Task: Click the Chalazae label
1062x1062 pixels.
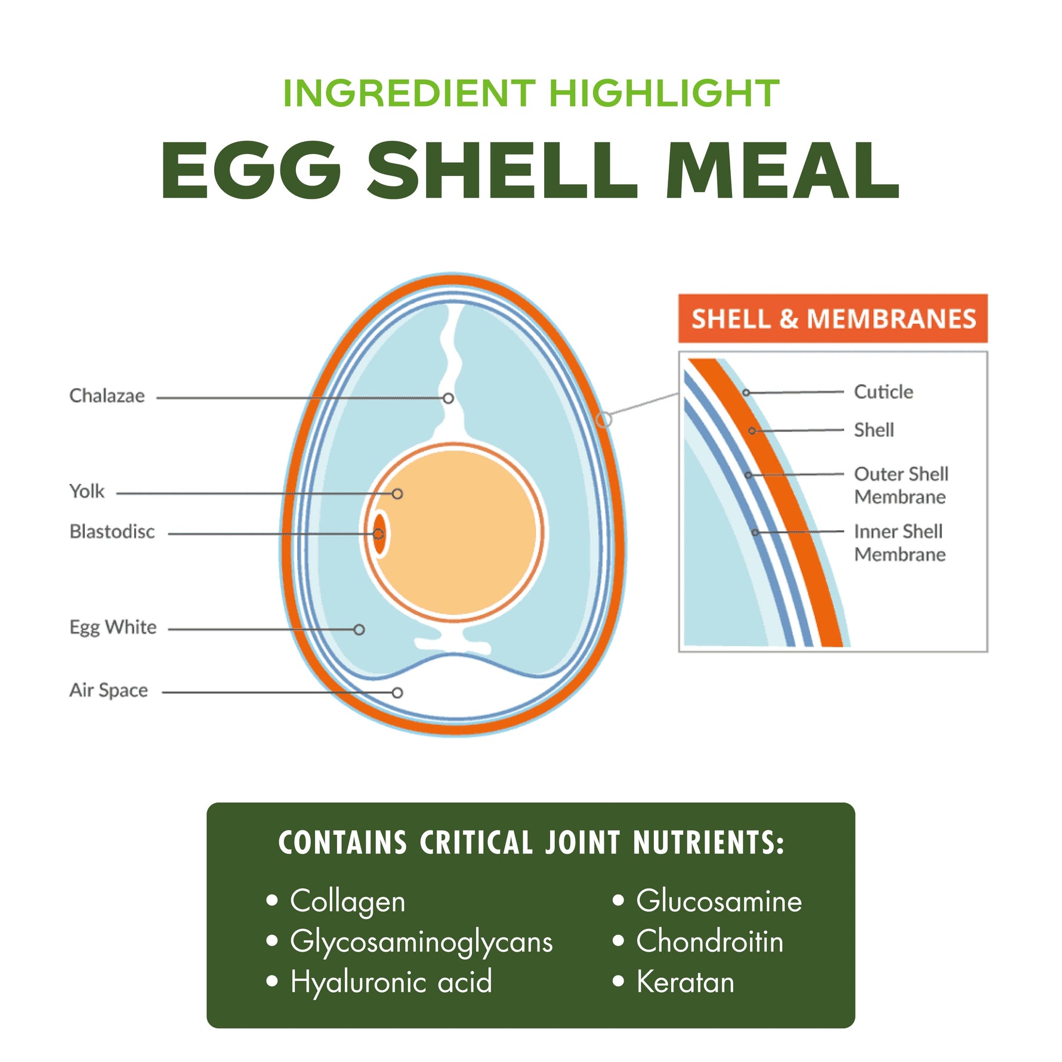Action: [x=107, y=396]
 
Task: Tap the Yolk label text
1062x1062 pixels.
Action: [x=87, y=492]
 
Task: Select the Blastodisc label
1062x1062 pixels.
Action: [x=112, y=532]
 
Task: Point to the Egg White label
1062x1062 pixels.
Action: [x=113, y=628]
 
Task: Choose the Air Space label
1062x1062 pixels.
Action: [x=109, y=690]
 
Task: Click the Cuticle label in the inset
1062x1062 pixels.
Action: [x=883, y=392]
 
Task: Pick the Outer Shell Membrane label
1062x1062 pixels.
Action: [x=900, y=485]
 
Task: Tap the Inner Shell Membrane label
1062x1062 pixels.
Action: [x=899, y=543]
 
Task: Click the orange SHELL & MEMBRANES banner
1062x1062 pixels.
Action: [x=833, y=319]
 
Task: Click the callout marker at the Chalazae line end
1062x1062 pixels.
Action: [x=448, y=398]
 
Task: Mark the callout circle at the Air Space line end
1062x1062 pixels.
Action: [x=397, y=693]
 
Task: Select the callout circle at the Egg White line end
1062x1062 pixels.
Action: [x=359, y=629]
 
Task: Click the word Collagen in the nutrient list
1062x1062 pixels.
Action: [x=347, y=901]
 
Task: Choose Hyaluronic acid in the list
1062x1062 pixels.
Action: [x=391, y=982]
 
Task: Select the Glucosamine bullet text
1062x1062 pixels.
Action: [x=719, y=901]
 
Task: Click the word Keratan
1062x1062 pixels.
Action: [x=685, y=982]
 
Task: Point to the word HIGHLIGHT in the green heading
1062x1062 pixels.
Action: [x=664, y=94]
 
